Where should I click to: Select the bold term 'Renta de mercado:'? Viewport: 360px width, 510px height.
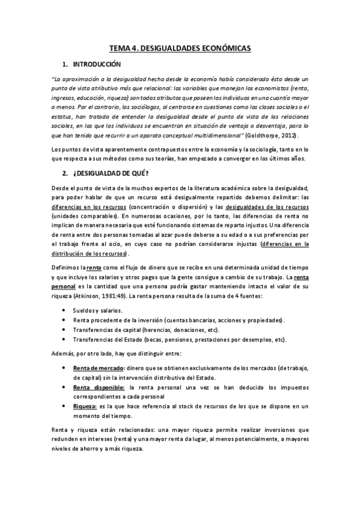pyautogui.click(x=99, y=366)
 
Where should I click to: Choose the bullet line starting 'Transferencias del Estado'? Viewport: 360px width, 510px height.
pyautogui.click(x=179, y=339)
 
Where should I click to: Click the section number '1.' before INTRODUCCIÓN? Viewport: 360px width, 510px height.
pyautogui.click(x=64, y=64)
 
